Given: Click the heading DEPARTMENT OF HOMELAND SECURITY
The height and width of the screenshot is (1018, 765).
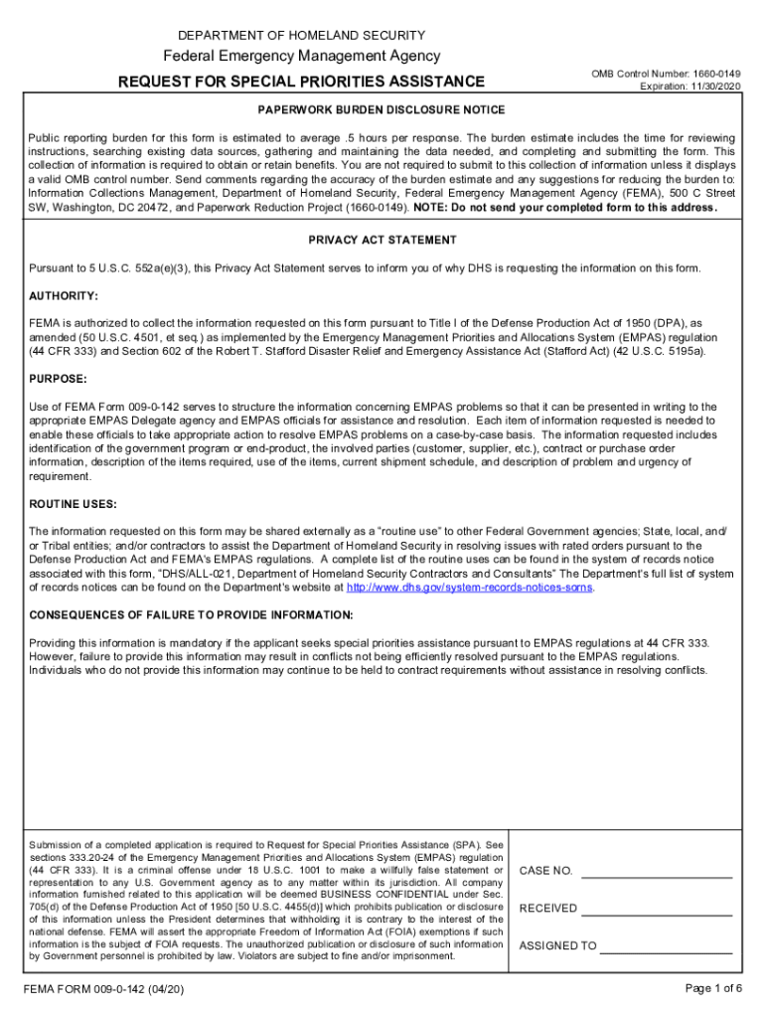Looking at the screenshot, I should (301, 35).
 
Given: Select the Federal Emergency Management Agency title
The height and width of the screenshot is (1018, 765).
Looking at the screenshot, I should (301, 57).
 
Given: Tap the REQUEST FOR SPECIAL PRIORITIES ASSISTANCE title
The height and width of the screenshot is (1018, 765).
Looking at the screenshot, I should (301, 82).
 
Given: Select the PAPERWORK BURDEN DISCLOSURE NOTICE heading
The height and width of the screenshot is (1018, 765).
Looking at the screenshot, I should (382, 110).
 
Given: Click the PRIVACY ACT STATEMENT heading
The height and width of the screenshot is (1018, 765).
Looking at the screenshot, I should (382, 241).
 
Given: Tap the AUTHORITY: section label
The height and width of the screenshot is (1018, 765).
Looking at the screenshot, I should (64, 296).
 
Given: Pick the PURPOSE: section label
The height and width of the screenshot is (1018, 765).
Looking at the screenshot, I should (59, 379).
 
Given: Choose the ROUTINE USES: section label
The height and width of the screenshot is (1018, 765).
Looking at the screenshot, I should (74, 504).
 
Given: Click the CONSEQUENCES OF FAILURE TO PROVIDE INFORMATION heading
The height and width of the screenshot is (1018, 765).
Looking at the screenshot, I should (191, 614).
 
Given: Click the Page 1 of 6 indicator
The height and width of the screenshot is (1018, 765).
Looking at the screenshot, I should (714, 988).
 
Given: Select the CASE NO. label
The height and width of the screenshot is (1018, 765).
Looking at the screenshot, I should (546, 871).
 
